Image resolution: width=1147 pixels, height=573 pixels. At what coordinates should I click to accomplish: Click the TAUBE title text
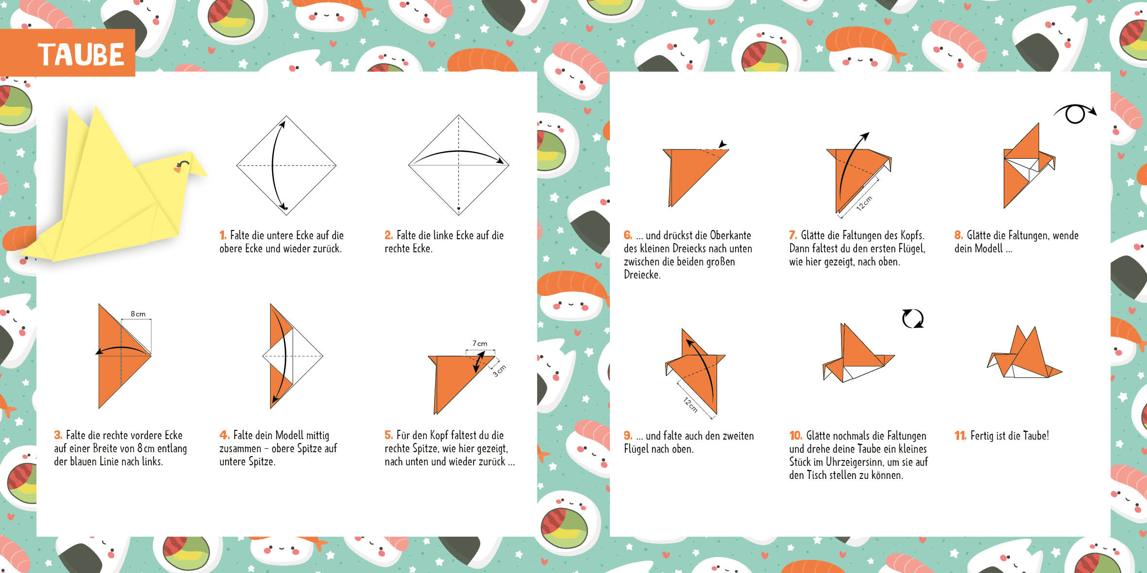(x=81, y=54)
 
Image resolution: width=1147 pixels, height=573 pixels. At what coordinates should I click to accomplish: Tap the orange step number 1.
(x=223, y=235)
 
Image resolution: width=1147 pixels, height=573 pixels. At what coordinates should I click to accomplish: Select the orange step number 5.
(x=388, y=435)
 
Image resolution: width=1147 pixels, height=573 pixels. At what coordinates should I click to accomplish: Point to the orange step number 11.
(x=960, y=435)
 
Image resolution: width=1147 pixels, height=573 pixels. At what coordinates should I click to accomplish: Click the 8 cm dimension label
(x=138, y=314)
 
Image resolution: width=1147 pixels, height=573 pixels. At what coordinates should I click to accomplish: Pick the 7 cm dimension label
(x=480, y=344)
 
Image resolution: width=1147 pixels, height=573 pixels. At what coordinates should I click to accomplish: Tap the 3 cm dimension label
(x=499, y=371)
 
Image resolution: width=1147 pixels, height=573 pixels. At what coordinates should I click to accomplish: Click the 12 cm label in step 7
(x=864, y=203)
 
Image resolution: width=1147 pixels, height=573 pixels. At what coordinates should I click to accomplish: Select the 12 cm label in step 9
(x=690, y=405)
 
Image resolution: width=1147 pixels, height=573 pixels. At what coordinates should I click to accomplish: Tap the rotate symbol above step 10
(x=912, y=319)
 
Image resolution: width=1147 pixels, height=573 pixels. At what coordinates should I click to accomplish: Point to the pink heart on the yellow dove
(x=178, y=169)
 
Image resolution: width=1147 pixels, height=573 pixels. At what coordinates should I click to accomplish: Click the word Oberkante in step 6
(x=730, y=235)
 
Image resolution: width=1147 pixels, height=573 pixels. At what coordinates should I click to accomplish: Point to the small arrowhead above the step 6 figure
(x=723, y=144)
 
